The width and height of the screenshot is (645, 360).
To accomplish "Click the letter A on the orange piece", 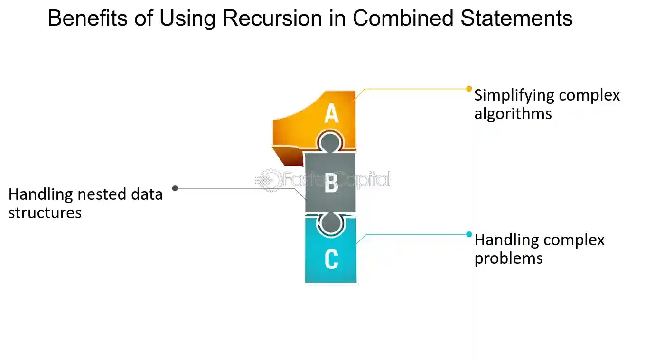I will click(x=331, y=114).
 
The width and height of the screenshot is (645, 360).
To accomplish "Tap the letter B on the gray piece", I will click(x=331, y=184).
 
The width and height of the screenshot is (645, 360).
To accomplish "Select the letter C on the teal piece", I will click(x=331, y=259).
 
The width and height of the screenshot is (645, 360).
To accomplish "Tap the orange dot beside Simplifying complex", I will click(x=469, y=89).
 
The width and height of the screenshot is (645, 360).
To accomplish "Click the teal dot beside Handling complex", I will click(x=469, y=234).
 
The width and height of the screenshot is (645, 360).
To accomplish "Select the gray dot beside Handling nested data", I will click(x=175, y=188).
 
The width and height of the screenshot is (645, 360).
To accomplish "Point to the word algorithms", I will click(x=513, y=114).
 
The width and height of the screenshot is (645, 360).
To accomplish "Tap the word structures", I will click(x=45, y=213).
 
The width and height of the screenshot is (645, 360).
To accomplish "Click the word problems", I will click(x=508, y=258).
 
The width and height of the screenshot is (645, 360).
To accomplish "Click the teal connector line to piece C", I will click(x=413, y=234).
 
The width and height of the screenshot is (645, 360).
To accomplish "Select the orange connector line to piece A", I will click(x=413, y=89).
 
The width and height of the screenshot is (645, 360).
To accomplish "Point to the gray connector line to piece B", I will click(x=237, y=188).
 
